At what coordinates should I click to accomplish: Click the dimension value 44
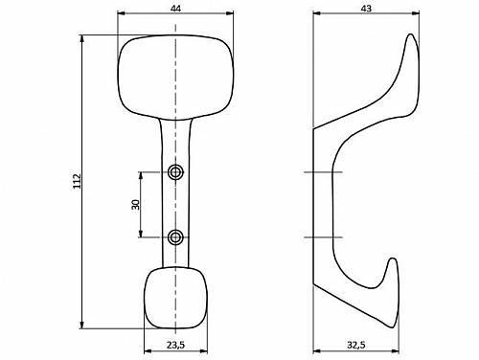[x=175, y=9]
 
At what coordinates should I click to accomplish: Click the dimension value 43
[x=366, y=9]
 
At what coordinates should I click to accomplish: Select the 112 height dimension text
[x=78, y=181]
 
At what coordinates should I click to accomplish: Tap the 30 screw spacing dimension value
[x=136, y=205]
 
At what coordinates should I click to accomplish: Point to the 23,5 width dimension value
[x=175, y=345]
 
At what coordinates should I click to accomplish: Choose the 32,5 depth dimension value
[x=356, y=345]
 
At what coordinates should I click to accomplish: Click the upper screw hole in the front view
[x=175, y=172]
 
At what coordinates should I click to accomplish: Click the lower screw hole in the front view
[x=175, y=237]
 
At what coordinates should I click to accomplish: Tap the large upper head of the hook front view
[x=175, y=78]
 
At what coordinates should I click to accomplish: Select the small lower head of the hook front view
[x=175, y=298]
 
